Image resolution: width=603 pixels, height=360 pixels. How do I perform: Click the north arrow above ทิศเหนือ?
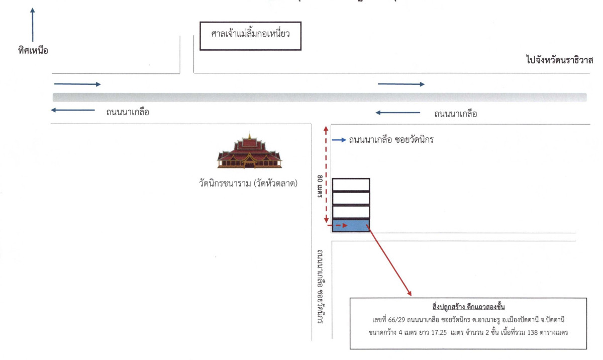pyautogui.click(x=33, y=25)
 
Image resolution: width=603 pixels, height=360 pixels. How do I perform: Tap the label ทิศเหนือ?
pyautogui.click(x=33, y=50)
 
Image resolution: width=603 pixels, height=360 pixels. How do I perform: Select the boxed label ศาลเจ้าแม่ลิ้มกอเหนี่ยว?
pyautogui.click(x=250, y=36)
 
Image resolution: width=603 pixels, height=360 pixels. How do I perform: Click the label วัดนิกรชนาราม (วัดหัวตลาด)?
pyautogui.click(x=249, y=183)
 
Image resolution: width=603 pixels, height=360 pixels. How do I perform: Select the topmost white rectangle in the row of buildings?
pyautogui.click(x=351, y=185)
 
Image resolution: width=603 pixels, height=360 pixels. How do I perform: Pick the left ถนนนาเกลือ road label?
pyautogui.click(x=128, y=112)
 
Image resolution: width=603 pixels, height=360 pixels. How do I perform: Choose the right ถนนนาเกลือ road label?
pyautogui.click(x=456, y=114)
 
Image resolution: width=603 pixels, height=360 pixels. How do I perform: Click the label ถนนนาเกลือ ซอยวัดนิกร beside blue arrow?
pyautogui.click(x=391, y=140)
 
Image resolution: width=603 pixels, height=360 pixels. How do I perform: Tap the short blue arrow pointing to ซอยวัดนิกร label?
pyautogui.click(x=339, y=140)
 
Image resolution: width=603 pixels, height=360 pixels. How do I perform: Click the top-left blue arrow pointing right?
pyautogui.click(x=77, y=84)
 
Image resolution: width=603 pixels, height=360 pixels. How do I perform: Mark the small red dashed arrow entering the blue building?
pyautogui.click(x=340, y=226)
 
